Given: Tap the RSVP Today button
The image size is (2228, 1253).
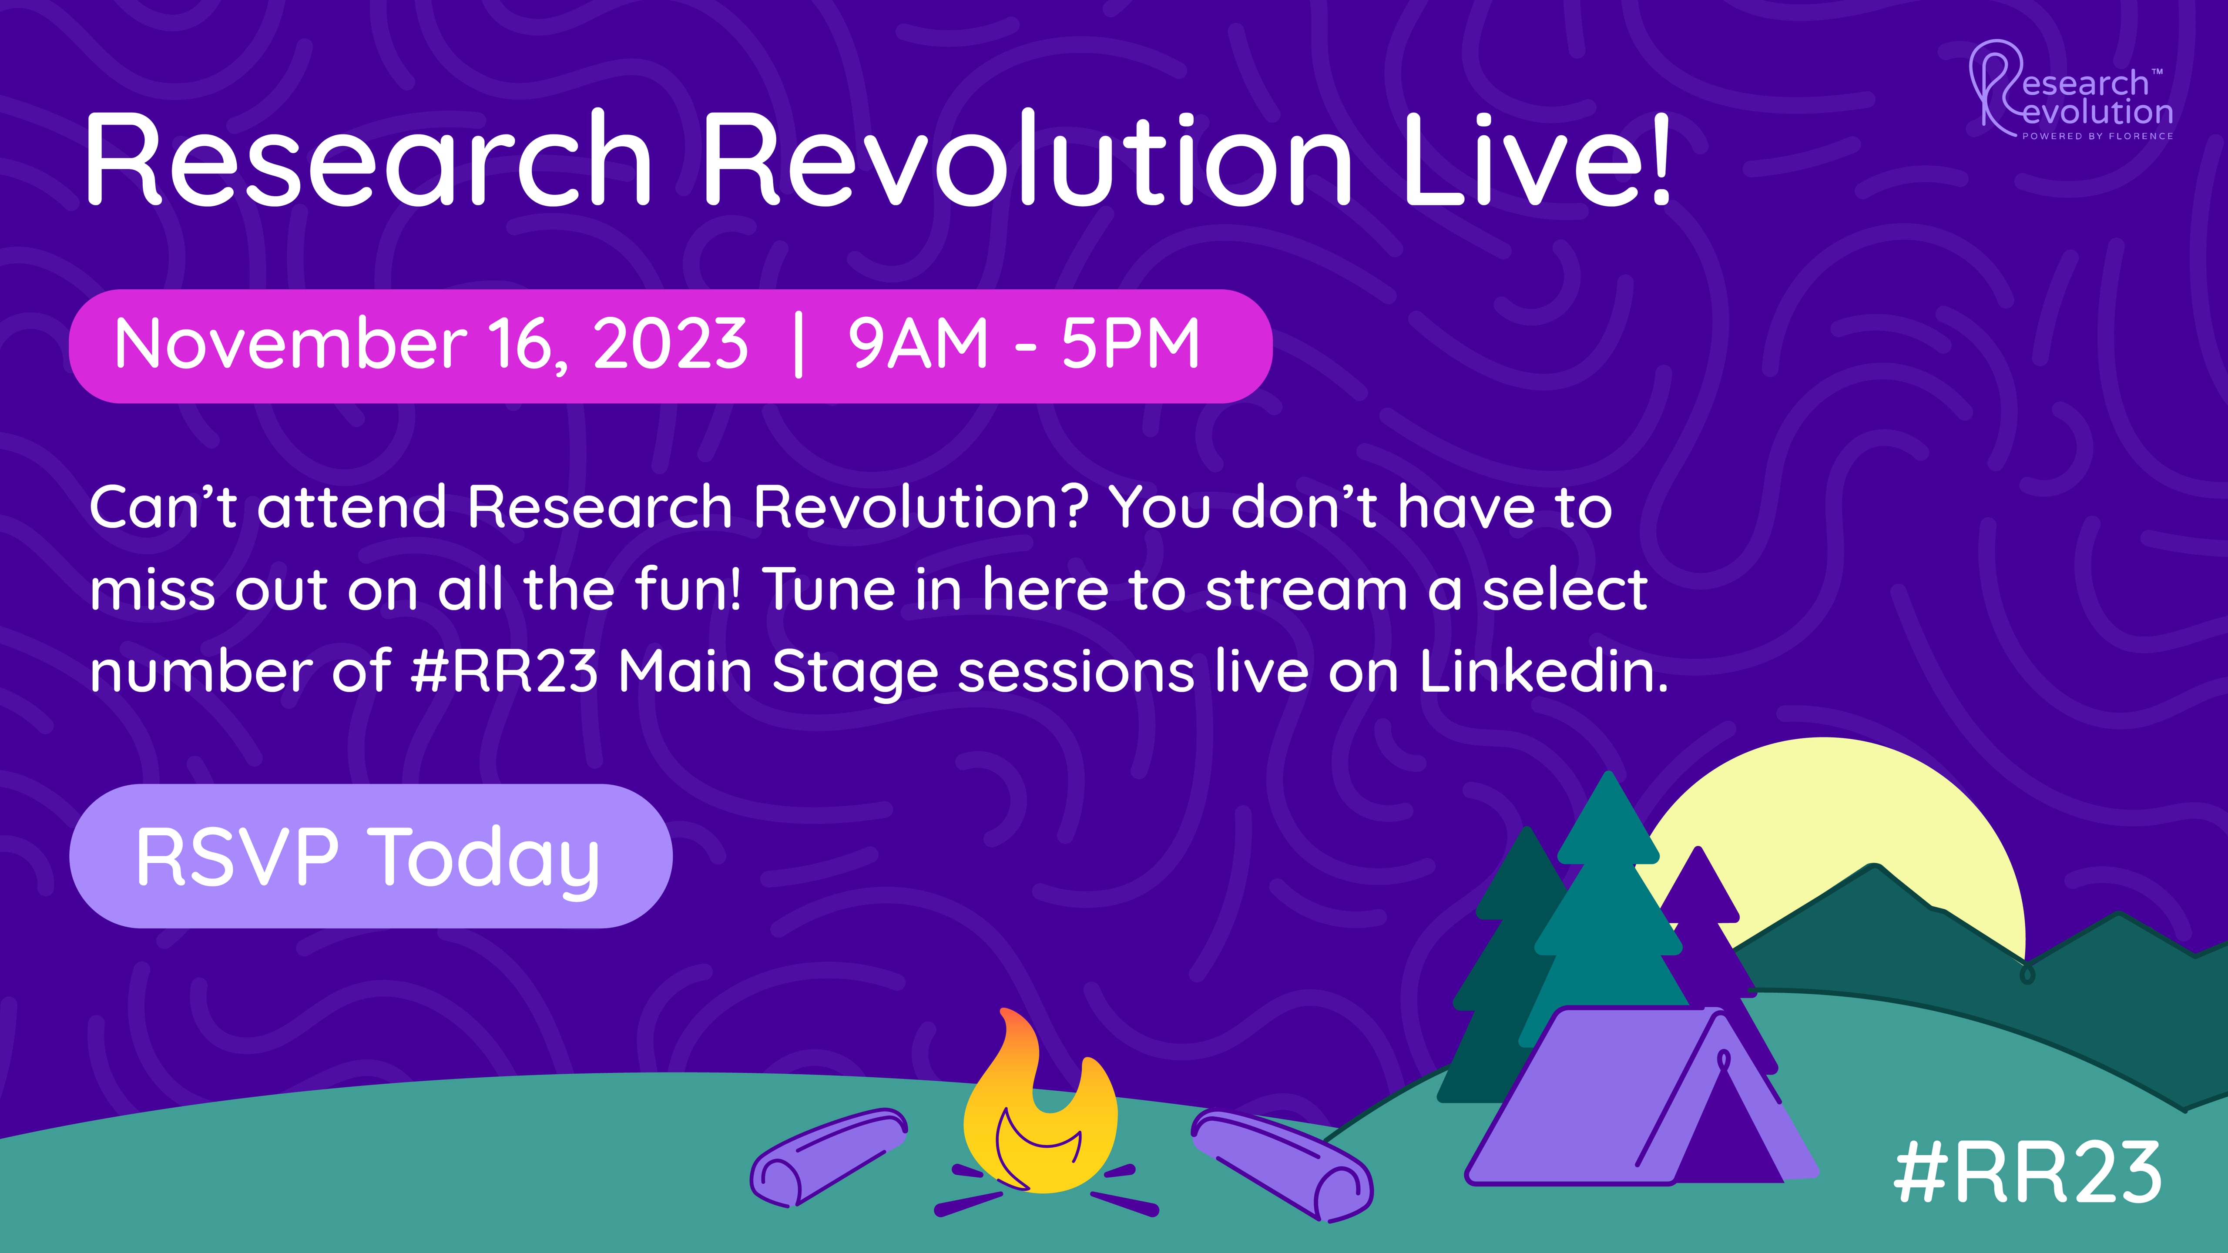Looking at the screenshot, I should tap(370, 856).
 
